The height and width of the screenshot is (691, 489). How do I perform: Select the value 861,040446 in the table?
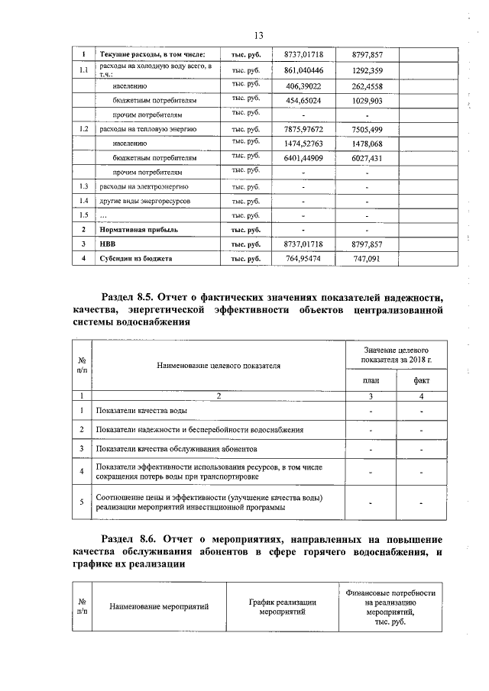[303, 71]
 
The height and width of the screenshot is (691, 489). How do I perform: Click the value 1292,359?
[367, 71]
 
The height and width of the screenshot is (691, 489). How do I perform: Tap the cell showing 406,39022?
[303, 86]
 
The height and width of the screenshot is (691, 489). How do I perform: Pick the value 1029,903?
[367, 101]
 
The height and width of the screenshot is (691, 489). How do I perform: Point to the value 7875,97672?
[303, 129]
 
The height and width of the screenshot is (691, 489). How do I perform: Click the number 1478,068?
[367, 144]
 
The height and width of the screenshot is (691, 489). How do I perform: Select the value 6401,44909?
[303, 158]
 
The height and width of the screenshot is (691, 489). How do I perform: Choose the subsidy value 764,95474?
[303, 259]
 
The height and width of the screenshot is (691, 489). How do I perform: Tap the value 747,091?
[367, 259]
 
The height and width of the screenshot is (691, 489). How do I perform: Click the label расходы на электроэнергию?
[138, 186]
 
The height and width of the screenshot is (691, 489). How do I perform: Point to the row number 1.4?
[84, 201]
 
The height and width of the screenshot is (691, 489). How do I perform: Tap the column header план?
[371, 379]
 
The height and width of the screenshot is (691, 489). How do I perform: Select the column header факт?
[421, 379]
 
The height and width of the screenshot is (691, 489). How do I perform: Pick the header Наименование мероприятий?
[159, 607]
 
